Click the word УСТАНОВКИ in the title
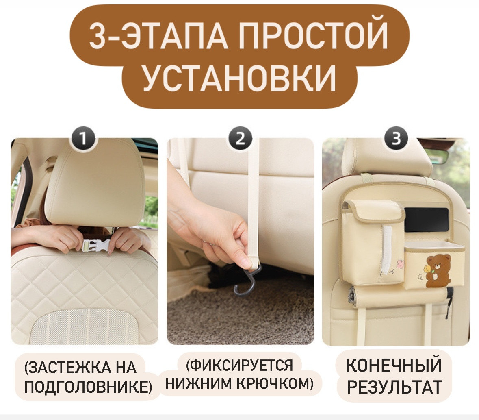point(240,78)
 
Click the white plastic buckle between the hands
point(96,245)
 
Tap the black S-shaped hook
point(247,280)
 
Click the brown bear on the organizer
point(438,271)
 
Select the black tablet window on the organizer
point(426,220)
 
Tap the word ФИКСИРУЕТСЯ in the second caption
point(240,365)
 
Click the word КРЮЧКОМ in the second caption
point(275,383)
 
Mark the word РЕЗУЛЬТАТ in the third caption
point(394,387)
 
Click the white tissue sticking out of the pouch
point(386,250)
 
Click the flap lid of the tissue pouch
point(373,209)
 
